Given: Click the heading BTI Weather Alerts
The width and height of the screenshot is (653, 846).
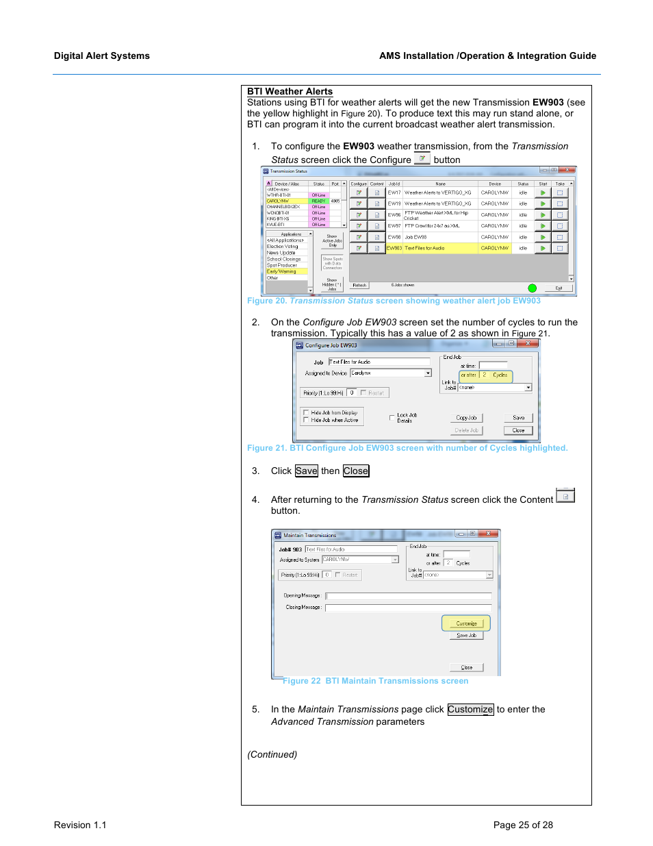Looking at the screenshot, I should click(290, 91).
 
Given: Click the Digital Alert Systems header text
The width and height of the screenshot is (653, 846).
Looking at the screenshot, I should click(101, 56).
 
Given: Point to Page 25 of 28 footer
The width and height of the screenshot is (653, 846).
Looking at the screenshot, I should click(522, 825).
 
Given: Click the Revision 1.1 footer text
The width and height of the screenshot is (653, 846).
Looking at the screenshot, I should click(80, 825).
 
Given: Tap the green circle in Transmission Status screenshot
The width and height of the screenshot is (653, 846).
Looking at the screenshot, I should click(532, 288).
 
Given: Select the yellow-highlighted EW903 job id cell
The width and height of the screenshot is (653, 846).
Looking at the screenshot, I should click(394, 248).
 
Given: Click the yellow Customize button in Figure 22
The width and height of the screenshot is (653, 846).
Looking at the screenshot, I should click(466, 623).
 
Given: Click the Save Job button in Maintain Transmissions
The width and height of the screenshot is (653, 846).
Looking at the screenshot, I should click(466, 636).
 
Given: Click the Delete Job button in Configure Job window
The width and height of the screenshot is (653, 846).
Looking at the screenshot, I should click(466, 431).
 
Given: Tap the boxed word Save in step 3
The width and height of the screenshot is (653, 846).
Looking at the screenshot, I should click(306, 471).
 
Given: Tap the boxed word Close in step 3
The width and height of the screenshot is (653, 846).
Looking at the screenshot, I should click(355, 471).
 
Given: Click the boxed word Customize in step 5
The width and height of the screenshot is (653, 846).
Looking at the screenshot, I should click(470, 710).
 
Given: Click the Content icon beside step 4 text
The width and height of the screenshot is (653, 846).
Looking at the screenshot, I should click(565, 496).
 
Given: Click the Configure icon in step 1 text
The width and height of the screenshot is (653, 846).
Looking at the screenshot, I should click(422, 158).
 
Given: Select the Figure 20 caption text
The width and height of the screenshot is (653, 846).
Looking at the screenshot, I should click(394, 301).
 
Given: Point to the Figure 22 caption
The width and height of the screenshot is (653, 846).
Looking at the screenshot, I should click(375, 681).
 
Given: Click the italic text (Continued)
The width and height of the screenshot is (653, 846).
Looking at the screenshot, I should click(272, 755).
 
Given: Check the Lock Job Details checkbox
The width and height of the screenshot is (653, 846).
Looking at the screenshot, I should click(392, 417).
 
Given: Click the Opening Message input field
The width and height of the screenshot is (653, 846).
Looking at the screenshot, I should click(408, 596).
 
